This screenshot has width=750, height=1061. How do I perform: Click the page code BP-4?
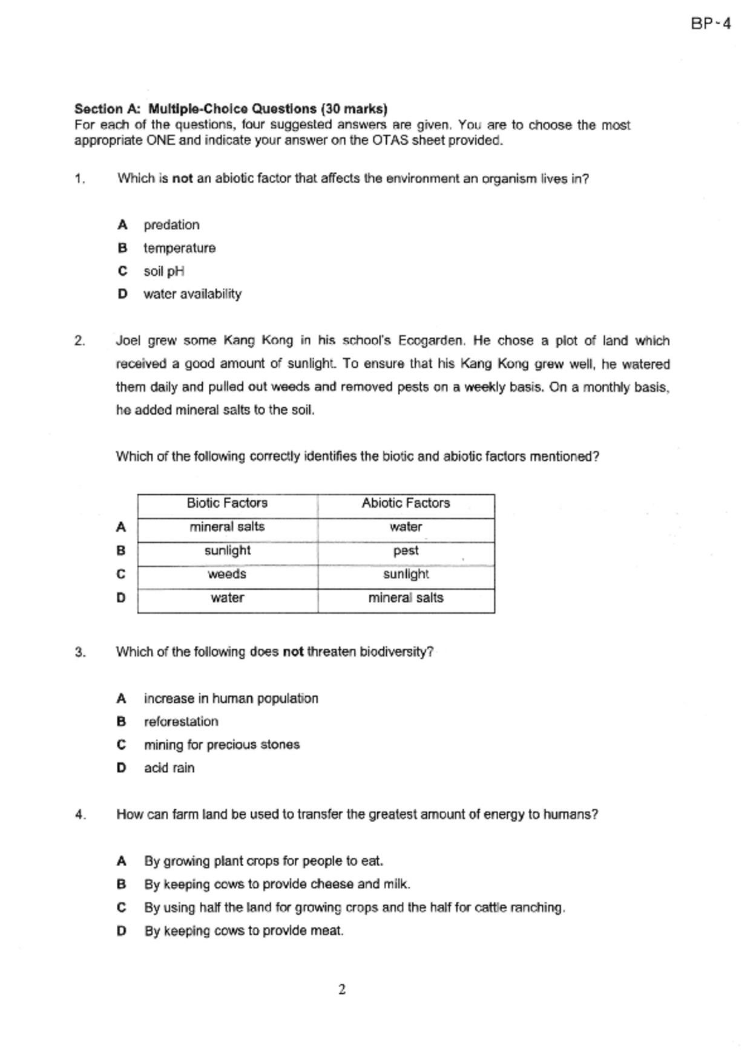click(711, 24)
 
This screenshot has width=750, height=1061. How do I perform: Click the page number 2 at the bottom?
click(342, 990)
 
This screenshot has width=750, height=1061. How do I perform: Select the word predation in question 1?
click(171, 225)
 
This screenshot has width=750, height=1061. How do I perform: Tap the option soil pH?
click(163, 271)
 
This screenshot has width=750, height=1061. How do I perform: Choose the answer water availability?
click(192, 294)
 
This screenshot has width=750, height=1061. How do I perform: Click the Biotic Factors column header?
click(227, 503)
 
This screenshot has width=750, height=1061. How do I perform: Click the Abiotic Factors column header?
click(406, 503)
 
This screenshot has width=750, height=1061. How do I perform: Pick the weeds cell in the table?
click(227, 574)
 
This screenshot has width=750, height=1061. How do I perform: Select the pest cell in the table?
click(406, 550)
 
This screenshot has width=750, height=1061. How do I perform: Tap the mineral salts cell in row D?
click(406, 598)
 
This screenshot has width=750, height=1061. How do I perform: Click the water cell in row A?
click(406, 527)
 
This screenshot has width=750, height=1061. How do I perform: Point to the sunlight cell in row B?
click(227, 550)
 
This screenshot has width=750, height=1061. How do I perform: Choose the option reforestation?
click(181, 722)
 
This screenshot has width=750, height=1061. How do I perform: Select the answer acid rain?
click(169, 768)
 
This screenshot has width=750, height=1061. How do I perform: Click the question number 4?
click(81, 815)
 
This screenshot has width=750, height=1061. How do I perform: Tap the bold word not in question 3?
click(293, 652)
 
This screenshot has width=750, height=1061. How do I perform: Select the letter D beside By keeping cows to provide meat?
click(122, 931)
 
